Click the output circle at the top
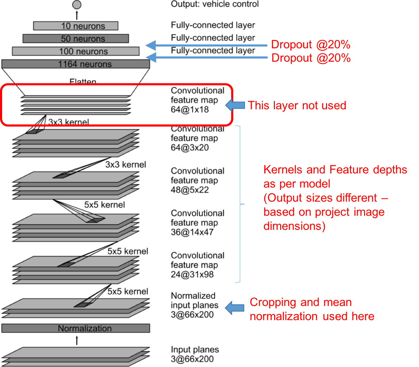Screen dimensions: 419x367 (x=77, y=5)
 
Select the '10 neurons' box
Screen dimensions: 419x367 (x=76, y=26)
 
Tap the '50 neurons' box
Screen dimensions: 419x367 (x=76, y=38)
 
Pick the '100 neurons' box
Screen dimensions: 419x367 (x=76, y=51)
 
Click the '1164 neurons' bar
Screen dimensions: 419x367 (x=76, y=64)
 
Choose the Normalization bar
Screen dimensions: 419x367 (x=76, y=328)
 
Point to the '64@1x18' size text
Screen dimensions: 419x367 (x=190, y=110)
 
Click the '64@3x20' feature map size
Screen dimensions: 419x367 (x=190, y=148)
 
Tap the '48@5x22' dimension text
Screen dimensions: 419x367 (x=190, y=190)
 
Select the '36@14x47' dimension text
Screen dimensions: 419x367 (x=192, y=232)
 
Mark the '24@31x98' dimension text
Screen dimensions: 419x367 (x=192, y=275)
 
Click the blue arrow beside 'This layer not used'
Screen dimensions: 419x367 (x=235, y=105)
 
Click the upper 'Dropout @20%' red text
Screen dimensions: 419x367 (x=310, y=44)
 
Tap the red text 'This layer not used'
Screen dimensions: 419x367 (x=297, y=105)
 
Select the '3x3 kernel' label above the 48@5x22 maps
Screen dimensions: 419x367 (x=125, y=165)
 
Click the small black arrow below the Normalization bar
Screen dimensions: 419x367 (x=77, y=340)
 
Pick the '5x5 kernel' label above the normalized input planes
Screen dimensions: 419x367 (x=128, y=292)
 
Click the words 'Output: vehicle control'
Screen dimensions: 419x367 (x=214, y=4)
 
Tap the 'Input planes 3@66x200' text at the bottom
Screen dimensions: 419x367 (x=195, y=354)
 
